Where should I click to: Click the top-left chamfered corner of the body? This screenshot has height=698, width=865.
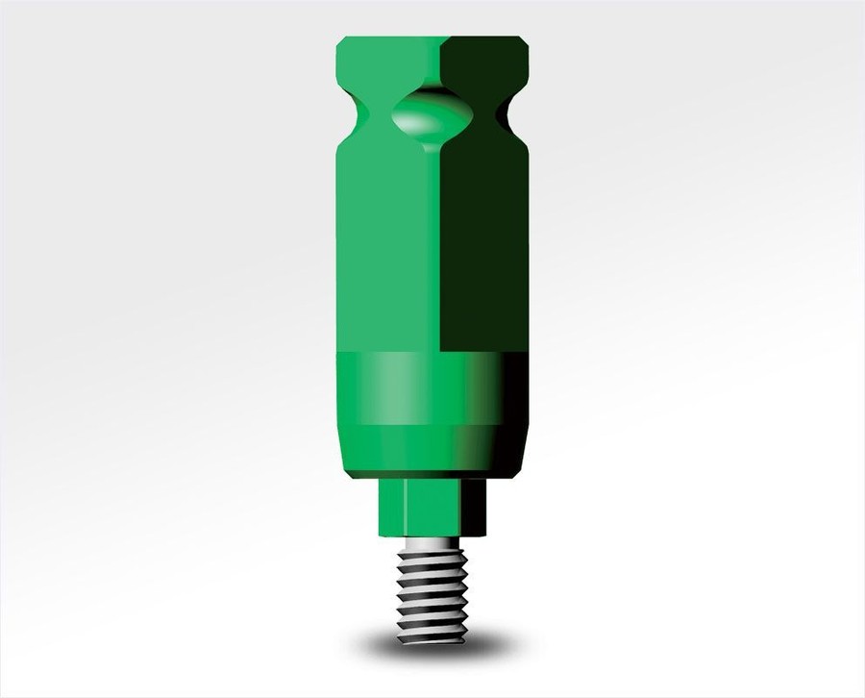342,42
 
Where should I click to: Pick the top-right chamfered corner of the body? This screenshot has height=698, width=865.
522,42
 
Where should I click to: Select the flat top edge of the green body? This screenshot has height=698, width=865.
432,37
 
